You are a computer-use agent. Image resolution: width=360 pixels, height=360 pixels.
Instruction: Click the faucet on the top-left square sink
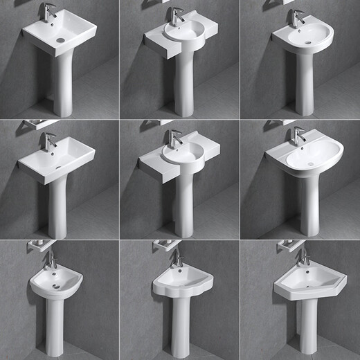click(49, 12)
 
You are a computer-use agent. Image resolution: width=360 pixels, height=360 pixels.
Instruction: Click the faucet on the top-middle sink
click(176, 16)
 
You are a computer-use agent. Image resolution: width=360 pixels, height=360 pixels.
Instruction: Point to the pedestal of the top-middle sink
click(183, 83)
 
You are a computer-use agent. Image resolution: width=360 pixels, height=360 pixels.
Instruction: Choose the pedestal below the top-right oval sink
click(304, 83)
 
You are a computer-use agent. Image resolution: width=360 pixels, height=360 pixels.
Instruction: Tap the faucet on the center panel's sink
click(174, 136)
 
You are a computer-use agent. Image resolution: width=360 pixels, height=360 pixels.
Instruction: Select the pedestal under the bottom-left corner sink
click(55, 325)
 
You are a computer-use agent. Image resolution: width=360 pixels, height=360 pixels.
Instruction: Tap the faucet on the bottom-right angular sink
click(303, 256)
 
